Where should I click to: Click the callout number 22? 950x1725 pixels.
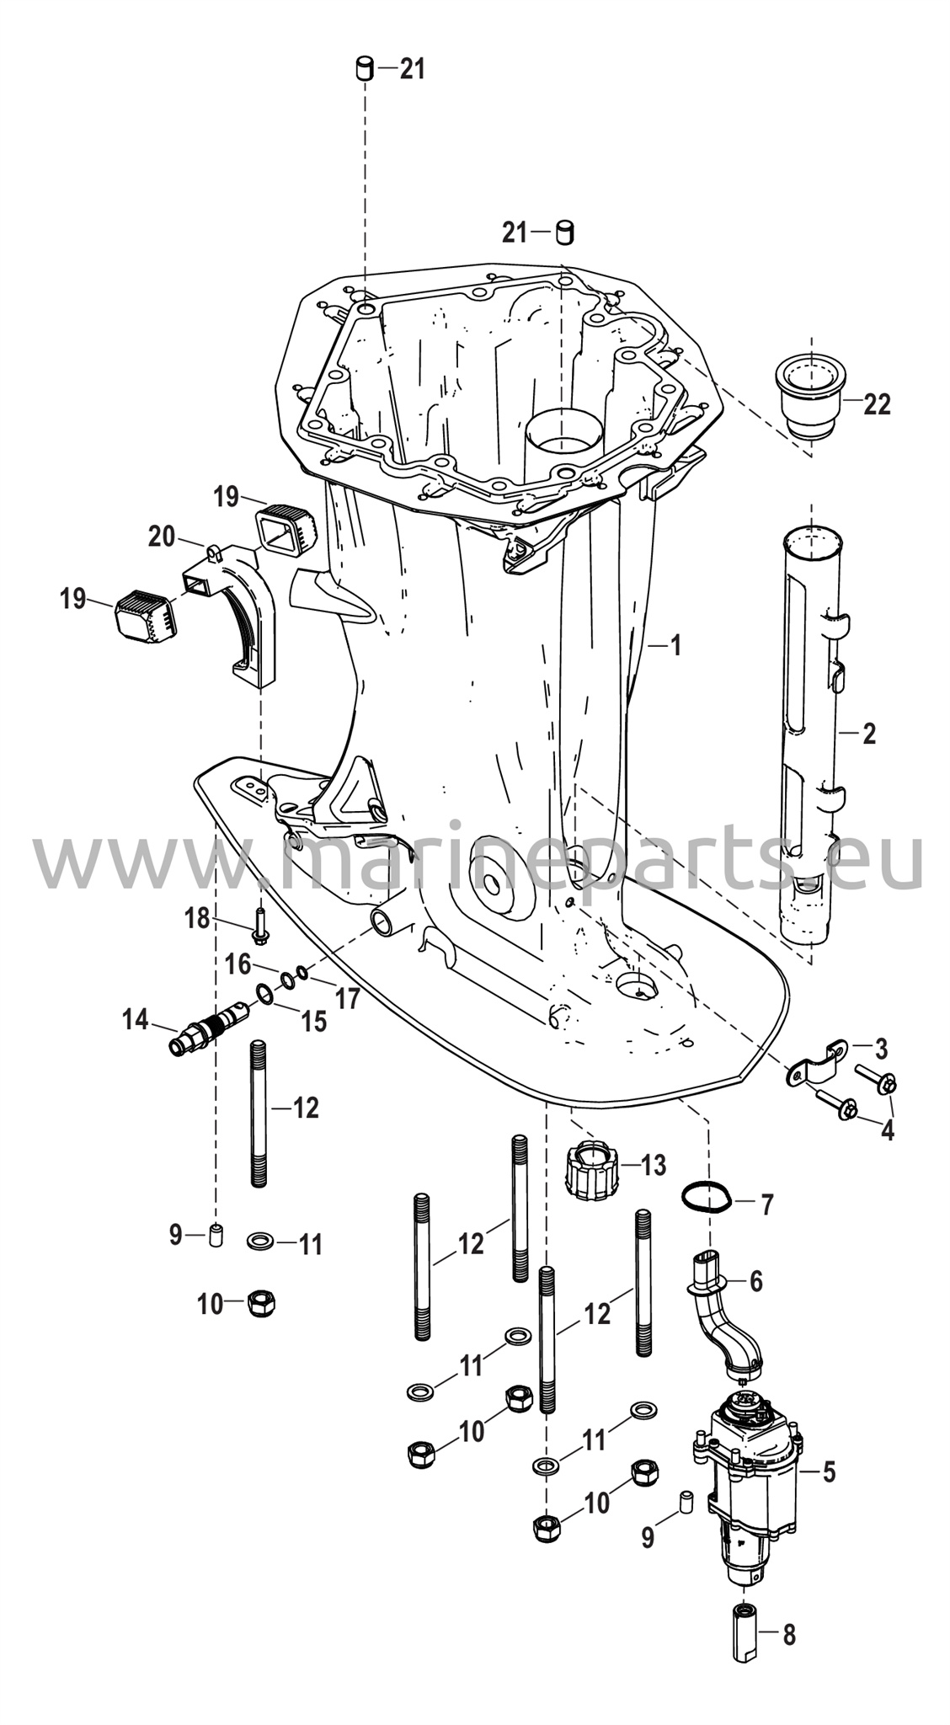click(x=877, y=404)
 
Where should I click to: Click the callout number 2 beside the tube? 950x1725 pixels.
click(x=868, y=733)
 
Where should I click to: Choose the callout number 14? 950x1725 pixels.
click(x=135, y=1021)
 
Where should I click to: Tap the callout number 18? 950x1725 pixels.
click(x=197, y=918)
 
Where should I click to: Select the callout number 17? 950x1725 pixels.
click(x=347, y=999)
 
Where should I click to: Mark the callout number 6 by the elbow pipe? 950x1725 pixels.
click(x=755, y=1281)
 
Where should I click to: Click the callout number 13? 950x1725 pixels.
click(x=653, y=1165)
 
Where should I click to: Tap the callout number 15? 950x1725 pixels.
click(x=313, y=1022)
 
